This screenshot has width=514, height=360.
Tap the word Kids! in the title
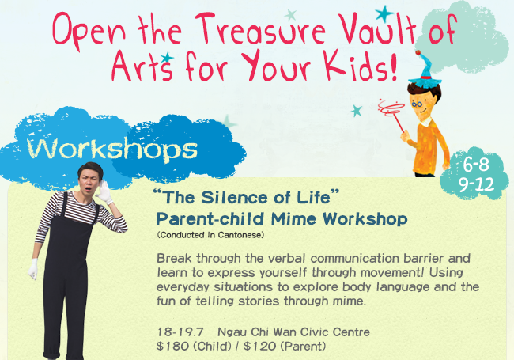pyautogui.click(x=361, y=66)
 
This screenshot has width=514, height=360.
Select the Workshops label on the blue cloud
pyautogui.click(x=112, y=150)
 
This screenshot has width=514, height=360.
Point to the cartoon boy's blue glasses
pyautogui.click(x=417, y=104)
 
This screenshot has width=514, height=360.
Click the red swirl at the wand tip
pyautogui.click(x=391, y=108)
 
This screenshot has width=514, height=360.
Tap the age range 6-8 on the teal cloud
pyautogui.click(x=476, y=165)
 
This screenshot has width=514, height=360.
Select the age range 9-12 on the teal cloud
pyautogui.click(x=476, y=184)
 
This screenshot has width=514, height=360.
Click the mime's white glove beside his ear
pyautogui.click(x=104, y=192)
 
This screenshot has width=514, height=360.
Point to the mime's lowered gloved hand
pyautogui.click(x=33, y=269)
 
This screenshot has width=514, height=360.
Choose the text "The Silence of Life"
pyautogui.click(x=246, y=197)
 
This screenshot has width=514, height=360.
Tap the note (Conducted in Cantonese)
pyautogui.click(x=210, y=235)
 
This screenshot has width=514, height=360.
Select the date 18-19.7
pyautogui.click(x=180, y=332)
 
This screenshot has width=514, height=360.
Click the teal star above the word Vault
pyautogui.click(x=384, y=13)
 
